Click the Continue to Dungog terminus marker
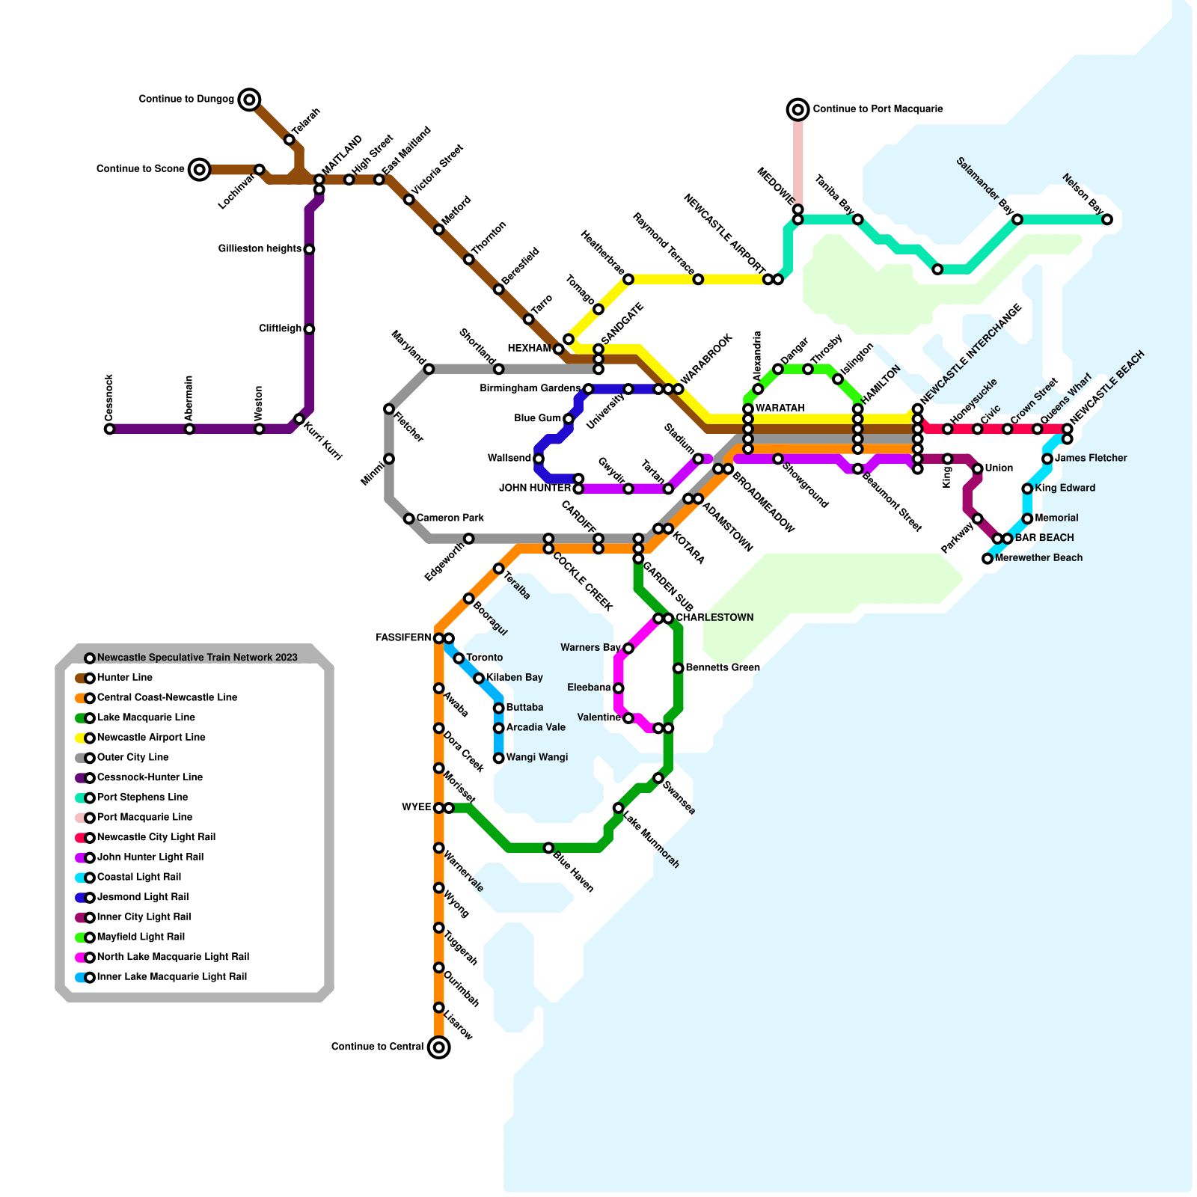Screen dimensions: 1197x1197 click(250, 99)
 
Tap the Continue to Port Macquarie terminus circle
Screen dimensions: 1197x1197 click(798, 109)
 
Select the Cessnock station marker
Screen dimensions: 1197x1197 click(109, 429)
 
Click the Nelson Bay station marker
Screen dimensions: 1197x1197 click(1107, 219)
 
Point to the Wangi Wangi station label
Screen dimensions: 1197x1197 click(536, 757)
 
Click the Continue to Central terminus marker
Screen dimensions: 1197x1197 click(439, 1047)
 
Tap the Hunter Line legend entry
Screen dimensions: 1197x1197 click(124, 678)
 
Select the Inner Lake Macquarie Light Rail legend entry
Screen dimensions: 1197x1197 click(171, 976)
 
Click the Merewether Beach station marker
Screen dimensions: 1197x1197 click(988, 558)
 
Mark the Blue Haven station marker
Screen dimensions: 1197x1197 click(548, 848)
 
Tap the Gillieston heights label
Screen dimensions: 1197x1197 click(260, 248)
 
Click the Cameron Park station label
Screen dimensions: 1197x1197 click(450, 518)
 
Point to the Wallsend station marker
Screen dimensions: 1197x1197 click(539, 459)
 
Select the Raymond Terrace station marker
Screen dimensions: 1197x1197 click(698, 279)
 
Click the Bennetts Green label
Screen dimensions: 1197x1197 click(722, 667)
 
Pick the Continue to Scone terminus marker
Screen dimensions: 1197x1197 click(199, 169)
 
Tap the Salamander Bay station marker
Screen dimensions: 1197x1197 click(1017, 219)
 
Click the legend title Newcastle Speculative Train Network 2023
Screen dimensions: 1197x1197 click(197, 658)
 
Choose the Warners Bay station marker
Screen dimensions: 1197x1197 click(628, 648)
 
